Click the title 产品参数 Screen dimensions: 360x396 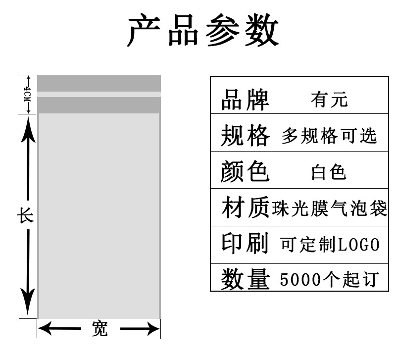click(203, 30)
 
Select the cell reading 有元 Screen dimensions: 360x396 click(329, 100)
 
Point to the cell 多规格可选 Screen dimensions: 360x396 click(329, 135)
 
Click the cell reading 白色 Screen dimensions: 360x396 click(329, 172)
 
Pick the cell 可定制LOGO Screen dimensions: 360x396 click(329, 245)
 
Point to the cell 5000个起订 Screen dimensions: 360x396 click(329, 279)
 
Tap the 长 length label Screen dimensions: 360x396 click(26, 216)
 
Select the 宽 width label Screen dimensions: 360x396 click(99, 328)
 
